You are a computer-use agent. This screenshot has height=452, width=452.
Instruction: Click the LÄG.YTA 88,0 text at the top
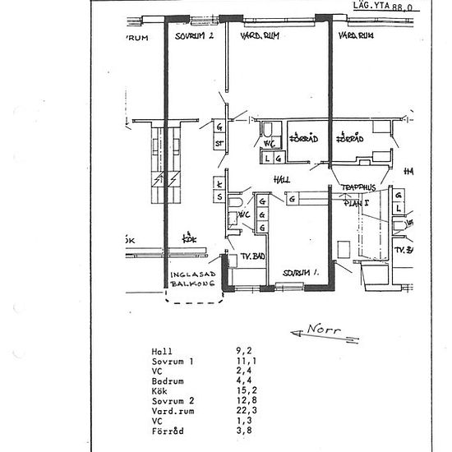point(381,6)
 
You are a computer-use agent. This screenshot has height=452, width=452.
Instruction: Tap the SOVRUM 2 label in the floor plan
point(194,37)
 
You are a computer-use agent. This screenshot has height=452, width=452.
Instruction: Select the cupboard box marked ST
point(219,144)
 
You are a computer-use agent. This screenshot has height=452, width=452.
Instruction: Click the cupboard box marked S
point(219,197)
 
